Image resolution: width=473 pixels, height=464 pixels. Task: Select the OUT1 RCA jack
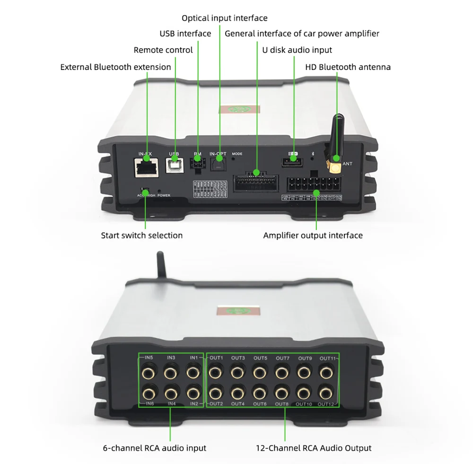[x=216, y=373]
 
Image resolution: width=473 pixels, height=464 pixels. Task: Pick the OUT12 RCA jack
[x=325, y=393]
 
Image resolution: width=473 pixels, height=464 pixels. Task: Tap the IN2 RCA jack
[x=193, y=393]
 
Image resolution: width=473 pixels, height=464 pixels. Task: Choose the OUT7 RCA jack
[x=282, y=373]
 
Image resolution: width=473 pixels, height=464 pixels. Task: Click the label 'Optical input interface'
[x=225, y=18]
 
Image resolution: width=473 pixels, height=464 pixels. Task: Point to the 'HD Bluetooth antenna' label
[x=348, y=67]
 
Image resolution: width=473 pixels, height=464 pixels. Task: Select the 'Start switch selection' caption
[x=142, y=235]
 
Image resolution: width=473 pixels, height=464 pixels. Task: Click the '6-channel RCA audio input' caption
[x=155, y=448]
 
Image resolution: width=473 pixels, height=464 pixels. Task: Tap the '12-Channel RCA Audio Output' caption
[x=314, y=448]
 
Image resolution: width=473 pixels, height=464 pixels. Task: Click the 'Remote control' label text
[x=163, y=50]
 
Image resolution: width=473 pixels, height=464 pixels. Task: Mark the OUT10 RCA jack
[x=304, y=393]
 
